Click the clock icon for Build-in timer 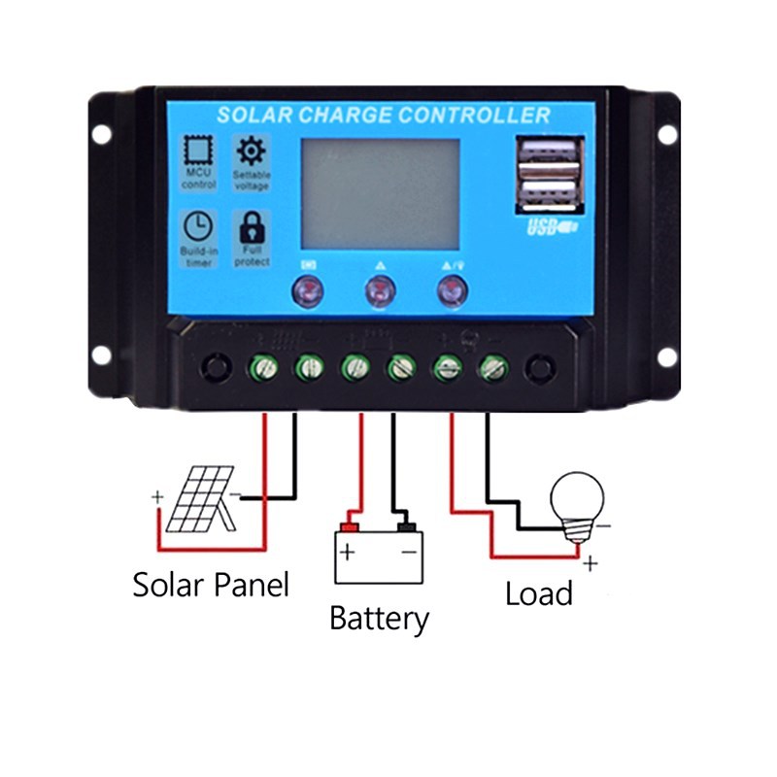198,225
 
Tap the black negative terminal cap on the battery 408,527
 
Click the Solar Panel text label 211,585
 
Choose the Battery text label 379,618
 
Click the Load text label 538,592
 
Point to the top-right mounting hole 667,134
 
